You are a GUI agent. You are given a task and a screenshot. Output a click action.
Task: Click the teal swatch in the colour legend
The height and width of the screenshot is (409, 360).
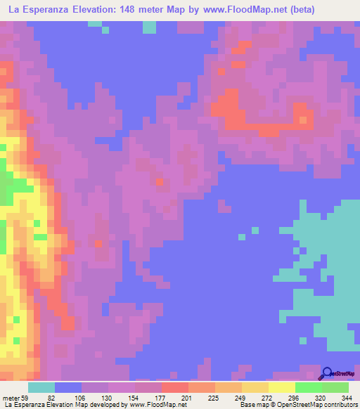click(41, 387)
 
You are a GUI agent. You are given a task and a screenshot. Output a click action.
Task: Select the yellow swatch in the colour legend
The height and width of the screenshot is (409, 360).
click(282, 387)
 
